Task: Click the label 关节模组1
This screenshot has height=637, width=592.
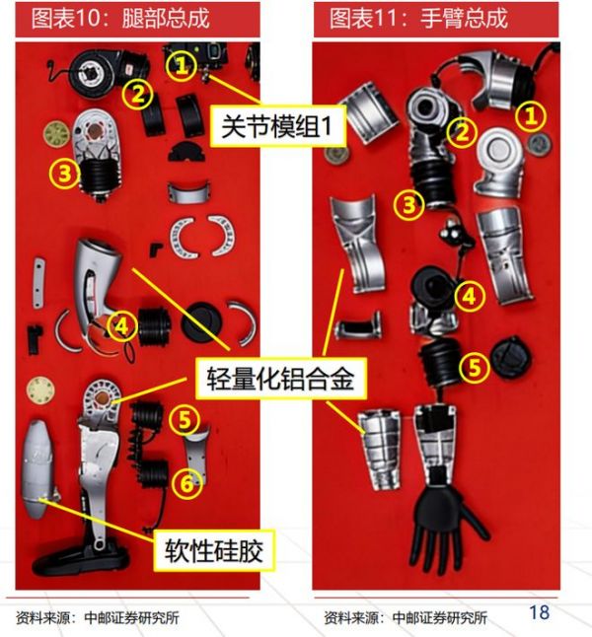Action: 277,126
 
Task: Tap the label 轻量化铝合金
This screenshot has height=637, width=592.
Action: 281,379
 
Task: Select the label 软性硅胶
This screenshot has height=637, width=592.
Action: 214,550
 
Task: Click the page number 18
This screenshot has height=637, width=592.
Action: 539,611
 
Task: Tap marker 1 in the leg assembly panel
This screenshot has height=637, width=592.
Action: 182,65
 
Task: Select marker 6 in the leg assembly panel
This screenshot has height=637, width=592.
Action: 186,483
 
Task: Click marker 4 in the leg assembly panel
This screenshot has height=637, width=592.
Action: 122,326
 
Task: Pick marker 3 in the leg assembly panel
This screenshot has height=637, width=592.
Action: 64,174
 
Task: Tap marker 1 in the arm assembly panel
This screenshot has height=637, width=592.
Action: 530,116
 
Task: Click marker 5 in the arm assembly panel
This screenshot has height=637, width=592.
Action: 475,368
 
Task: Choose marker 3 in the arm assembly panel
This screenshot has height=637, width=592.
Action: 408,205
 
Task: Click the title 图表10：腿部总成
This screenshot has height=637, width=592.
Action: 120,19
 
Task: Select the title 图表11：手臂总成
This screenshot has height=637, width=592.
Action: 418,19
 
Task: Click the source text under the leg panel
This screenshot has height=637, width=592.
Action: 98,617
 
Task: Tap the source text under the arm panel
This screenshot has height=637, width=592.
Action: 406,617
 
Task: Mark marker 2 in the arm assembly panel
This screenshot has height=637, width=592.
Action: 462,132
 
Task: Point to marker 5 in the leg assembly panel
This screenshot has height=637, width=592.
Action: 185,419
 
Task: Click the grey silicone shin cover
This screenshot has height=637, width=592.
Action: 37,469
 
